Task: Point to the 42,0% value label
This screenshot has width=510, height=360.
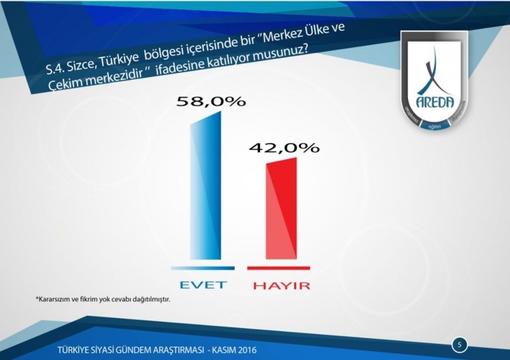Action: (284, 148)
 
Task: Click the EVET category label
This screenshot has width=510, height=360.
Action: (203, 284)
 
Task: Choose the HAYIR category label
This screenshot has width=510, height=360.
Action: (281, 285)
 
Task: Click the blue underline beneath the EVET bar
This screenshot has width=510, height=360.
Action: (203, 268)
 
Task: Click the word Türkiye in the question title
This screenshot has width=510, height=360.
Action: (120, 61)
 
